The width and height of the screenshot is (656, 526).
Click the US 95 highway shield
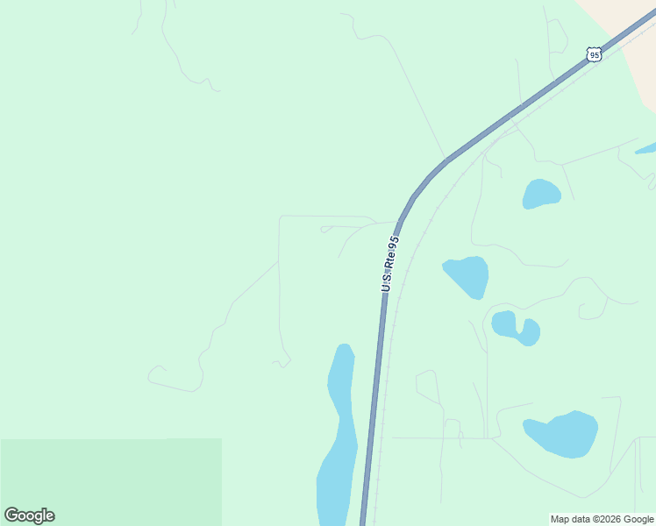coord(595,54)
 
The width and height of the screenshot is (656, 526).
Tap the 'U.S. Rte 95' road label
coord(390,263)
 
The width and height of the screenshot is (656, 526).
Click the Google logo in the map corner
coord(30,515)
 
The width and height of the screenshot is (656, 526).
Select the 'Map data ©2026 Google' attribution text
coord(602,519)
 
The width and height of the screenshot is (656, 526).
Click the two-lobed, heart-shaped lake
coord(516,327)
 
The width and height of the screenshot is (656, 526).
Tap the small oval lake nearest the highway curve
coord(541,194)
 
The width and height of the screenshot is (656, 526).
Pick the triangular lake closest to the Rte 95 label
coord(467,275)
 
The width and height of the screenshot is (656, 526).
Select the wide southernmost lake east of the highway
coord(561,433)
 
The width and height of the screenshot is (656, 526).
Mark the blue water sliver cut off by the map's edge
coord(646,148)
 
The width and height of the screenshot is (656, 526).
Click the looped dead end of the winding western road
coord(156,375)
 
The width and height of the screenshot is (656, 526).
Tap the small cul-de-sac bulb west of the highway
coord(325,230)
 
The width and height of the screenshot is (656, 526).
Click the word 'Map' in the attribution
coord(560,519)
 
